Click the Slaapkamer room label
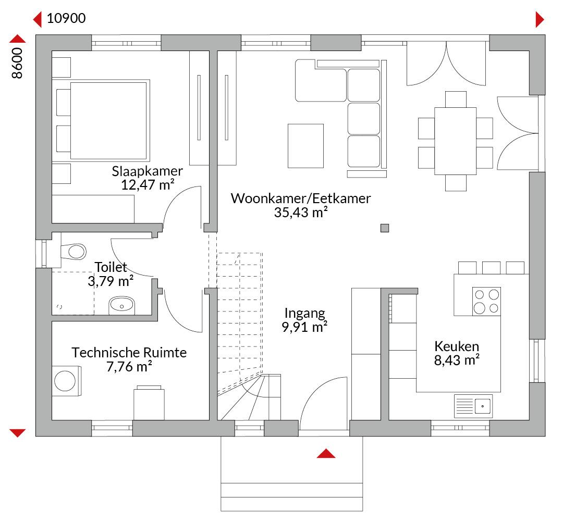pos(147,171)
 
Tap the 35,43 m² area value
pos(301,213)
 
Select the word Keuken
pos(457,346)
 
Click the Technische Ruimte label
pos(129,353)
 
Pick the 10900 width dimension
pos(66,18)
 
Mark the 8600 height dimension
pos(17,63)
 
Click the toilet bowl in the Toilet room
pos(74,252)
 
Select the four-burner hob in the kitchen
pos(486,301)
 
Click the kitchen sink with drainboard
pos(473,406)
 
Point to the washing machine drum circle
pos(65,381)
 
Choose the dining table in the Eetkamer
pos(455,141)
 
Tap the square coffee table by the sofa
pos(305,146)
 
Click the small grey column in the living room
pos(385,228)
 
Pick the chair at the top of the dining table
pos(456,99)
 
